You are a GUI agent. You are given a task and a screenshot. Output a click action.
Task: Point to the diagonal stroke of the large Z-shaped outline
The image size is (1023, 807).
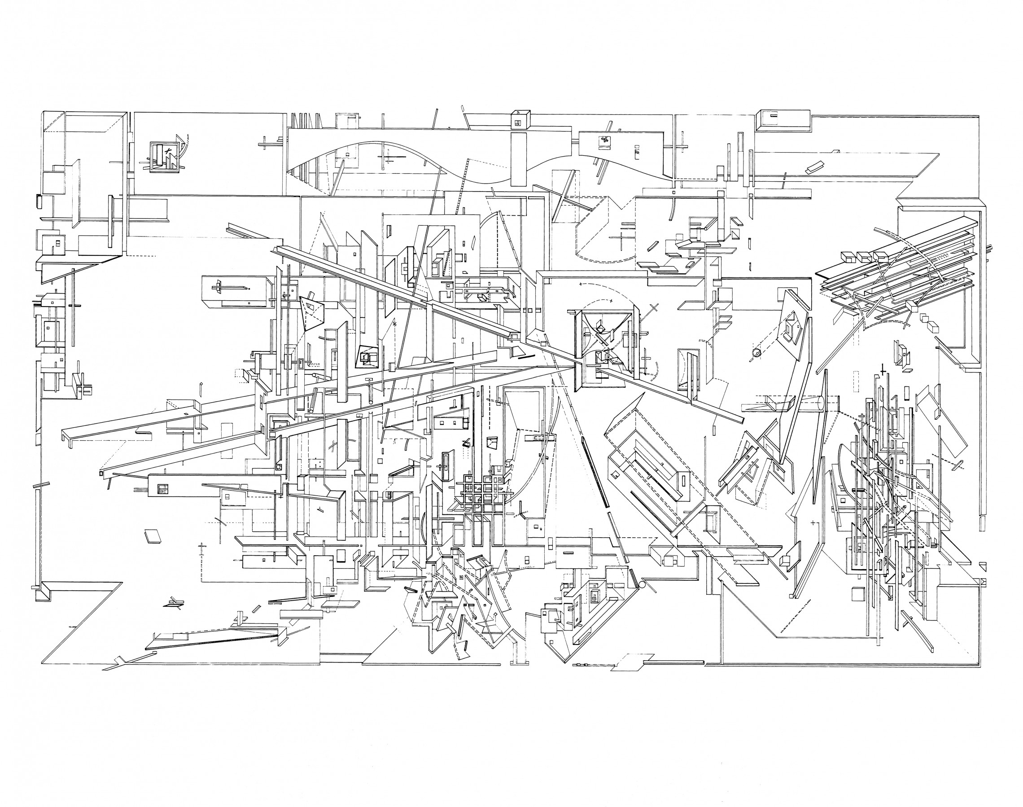tap(83, 624)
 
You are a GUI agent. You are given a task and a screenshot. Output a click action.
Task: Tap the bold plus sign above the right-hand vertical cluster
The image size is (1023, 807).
tap(882, 371)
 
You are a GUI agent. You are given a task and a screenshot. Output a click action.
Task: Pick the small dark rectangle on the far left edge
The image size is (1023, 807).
tap(38, 201)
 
